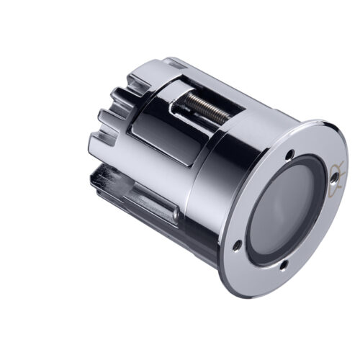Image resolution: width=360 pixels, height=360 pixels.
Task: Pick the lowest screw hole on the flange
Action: (x=283, y=267)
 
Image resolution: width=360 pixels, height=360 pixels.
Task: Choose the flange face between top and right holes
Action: (x=317, y=155)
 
